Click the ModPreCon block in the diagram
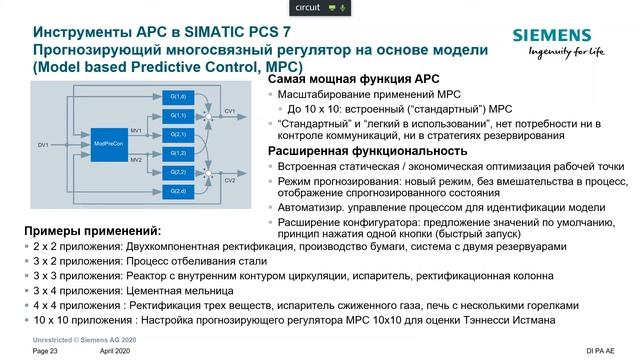108,145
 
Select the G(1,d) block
179,96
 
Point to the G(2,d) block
179,189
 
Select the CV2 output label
230,181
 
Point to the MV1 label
136,130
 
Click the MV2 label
136,159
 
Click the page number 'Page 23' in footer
46,352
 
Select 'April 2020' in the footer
116,352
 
